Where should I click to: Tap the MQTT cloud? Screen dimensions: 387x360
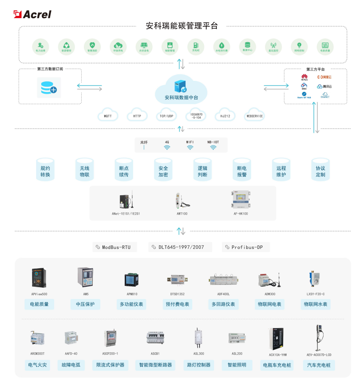[x=108, y=116]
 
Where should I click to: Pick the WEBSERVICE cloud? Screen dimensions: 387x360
[x=255, y=116]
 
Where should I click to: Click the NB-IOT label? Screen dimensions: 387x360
[x=213, y=142]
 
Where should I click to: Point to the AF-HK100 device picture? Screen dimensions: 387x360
[x=240, y=199]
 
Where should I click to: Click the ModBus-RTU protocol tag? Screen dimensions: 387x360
[x=115, y=247]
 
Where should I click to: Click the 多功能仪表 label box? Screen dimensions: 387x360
[x=132, y=304]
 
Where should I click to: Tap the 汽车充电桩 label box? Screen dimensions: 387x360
[x=319, y=365]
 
